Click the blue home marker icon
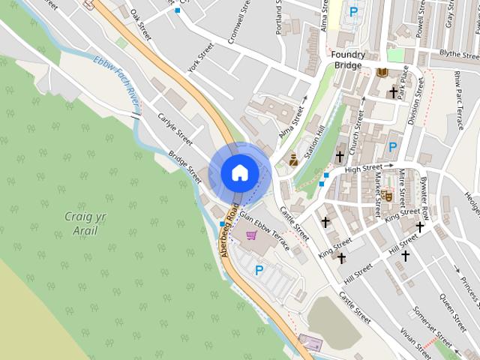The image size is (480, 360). [x=240, y=172]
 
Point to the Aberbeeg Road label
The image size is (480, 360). [x=229, y=229]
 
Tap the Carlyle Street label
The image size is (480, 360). [x=175, y=129]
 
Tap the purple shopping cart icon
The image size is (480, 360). [x=252, y=235]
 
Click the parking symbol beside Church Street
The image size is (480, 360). [x=392, y=146]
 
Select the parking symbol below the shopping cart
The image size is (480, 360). [x=259, y=270]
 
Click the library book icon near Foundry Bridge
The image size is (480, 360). [x=383, y=71]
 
